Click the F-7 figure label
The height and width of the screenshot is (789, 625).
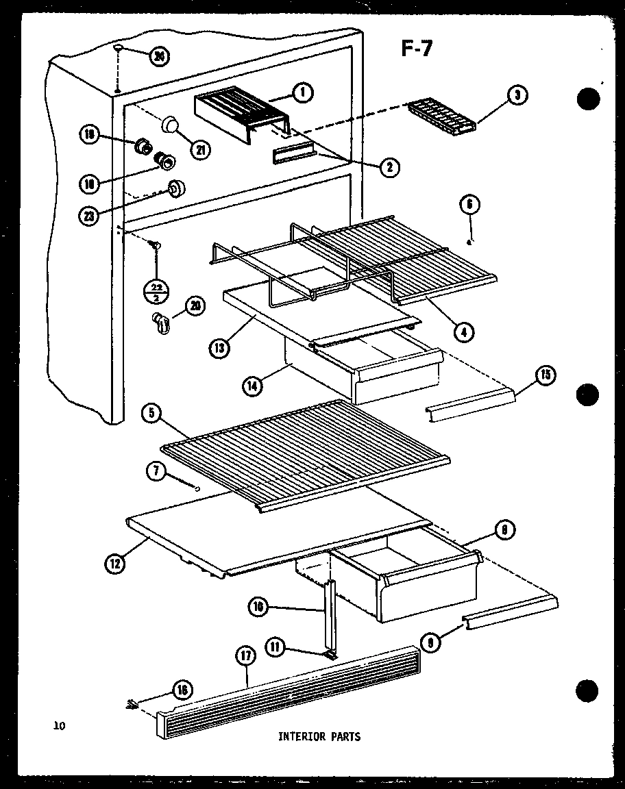416,49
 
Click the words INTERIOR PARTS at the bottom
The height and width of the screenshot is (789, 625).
319,737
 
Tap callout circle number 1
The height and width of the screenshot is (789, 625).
302,92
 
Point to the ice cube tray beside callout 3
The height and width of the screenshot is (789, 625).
442,116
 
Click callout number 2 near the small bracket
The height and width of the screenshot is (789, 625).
391,166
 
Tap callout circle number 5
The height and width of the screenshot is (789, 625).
151,414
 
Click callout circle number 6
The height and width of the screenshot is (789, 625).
470,204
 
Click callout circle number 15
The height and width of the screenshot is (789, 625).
546,375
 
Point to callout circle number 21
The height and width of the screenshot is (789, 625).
201,150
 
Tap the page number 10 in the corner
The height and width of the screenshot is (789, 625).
60,727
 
